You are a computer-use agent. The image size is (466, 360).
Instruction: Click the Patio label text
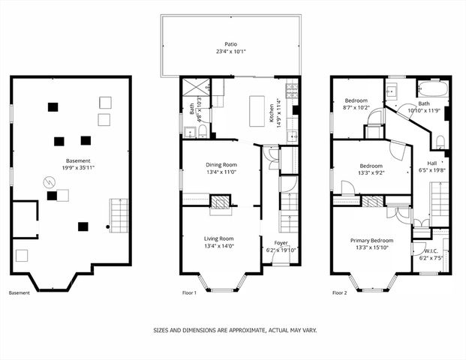tap(230, 44)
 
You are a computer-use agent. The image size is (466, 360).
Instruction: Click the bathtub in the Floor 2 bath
tap(433, 88)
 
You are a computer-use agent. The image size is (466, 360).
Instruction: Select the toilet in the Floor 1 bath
tap(202, 131)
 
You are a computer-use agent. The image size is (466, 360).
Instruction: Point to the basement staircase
tap(119, 213)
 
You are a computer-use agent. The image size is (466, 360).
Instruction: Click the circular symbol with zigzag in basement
tap(47, 181)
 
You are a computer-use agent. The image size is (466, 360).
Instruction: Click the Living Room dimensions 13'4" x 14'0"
tap(220, 247)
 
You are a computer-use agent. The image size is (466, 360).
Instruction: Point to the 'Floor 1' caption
tap(189, 293)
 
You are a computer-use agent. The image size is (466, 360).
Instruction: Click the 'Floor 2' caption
tap(339, 293)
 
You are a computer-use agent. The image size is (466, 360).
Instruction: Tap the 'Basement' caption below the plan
tap(20, 293)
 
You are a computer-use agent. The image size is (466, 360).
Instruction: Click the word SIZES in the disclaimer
tap(161, 329)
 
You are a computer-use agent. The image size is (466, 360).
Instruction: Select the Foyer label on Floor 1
tap(281, 243)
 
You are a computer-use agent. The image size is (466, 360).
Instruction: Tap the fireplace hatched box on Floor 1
tap(220, 201)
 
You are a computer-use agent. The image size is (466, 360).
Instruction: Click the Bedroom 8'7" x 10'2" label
tap(356, 100)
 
